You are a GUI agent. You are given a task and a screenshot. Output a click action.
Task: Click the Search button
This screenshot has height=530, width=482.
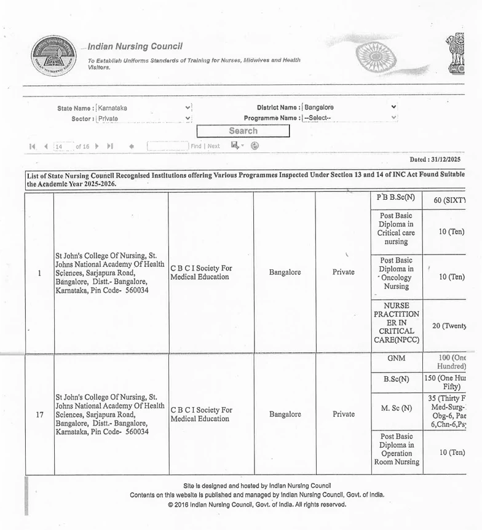(243, 131)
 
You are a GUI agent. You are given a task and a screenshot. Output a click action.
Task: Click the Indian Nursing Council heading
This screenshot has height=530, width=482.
(135, 47)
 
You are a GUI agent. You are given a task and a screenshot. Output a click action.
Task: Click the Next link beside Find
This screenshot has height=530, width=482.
(213, 146)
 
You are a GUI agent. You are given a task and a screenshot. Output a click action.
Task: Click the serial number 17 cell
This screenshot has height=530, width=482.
(39, 414)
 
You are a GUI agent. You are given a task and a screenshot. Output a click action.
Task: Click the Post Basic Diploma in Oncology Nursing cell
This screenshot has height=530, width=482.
(396, 277)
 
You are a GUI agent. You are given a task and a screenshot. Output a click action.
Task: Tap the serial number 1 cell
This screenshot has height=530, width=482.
(39, 273)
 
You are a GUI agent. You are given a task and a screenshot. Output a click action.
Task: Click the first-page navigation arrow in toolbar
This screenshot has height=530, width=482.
(32, 147)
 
